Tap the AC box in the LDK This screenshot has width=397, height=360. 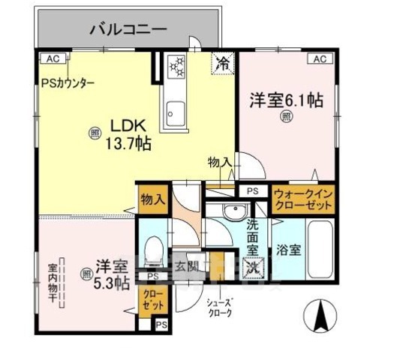click(x=52, y=58)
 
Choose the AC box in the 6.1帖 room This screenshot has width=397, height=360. click(x=319, y=58)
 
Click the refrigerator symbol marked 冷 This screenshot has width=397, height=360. click(x=223, y=64)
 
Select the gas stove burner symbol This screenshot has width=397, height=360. click(x=177, y=66)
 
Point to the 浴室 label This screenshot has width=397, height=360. click(x=287, y=250)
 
